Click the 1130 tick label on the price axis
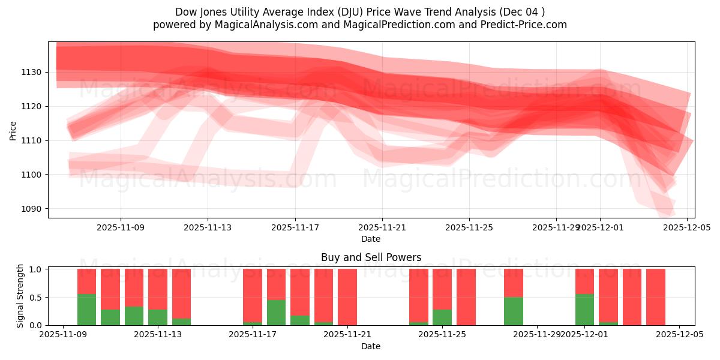tap(32, 72)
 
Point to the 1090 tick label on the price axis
tap(32, 209)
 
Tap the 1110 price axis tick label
tap(32, 140)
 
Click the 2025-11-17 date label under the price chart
tap(295, 228)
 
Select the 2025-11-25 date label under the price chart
tap(469, 228)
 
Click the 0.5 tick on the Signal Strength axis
tap(35, 297)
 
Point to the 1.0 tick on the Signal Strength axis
tap(35, 269)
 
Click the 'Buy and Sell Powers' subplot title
tap(371, 257)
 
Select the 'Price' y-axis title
tap(13, 130)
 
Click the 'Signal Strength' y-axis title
tap(20, 296)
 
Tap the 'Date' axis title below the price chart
tap(371, 239)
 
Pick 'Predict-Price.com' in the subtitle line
tap(526, 25)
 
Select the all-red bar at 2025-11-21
tap(347, 297)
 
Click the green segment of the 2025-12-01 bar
tap(584, 310)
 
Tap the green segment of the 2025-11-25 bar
tap(442, 317)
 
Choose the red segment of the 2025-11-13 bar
tap(158, 289)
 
